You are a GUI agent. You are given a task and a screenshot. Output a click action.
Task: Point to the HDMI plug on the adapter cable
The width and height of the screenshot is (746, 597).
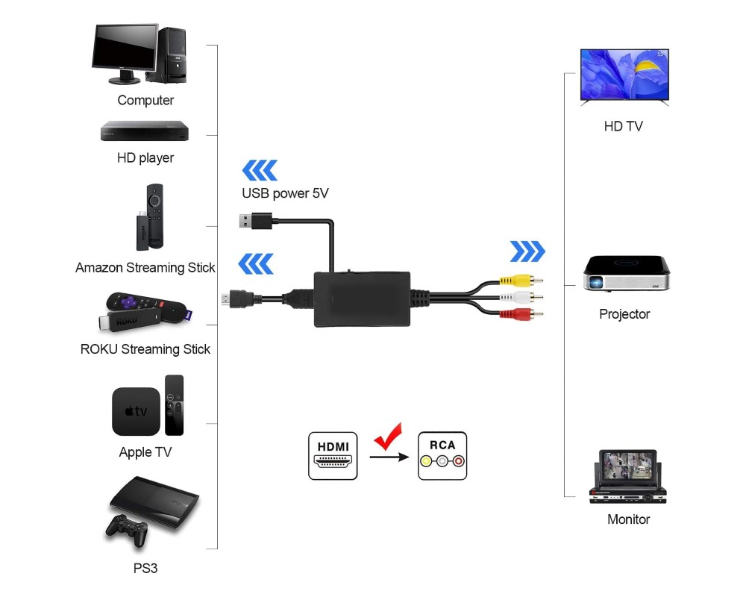tap(238, 300)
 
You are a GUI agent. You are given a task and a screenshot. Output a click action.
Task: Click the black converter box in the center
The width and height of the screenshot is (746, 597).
tap(363, 298)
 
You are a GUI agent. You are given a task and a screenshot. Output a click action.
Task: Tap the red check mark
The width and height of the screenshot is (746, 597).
tap(387, 437)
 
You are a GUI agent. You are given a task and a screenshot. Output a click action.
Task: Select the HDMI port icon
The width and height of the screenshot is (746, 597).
tap(333, 455)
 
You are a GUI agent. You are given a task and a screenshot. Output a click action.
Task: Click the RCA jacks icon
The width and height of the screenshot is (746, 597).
tap(442, 455)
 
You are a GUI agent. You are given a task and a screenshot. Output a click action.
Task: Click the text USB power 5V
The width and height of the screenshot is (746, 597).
tap(285, 193)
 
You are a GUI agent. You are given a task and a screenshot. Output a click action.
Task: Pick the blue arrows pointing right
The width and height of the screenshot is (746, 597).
tap(527, 251)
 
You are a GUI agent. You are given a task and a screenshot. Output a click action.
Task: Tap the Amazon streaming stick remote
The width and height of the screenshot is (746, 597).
tap(154, 216)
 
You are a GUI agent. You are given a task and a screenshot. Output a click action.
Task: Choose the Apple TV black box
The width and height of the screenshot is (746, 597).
tap(136, 411)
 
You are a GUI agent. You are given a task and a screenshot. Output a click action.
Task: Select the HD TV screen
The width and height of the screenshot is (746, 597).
tap(624, 75)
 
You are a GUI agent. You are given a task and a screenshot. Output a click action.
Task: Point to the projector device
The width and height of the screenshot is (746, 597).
tap(624, 273)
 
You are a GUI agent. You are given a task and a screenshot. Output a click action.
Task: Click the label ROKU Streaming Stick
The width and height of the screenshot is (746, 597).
tap(145, 349)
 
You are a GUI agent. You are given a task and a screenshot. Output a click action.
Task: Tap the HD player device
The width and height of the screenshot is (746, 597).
tap(145, 131)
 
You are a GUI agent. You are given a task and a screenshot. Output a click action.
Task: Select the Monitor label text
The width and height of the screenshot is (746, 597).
tap(628, 519)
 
